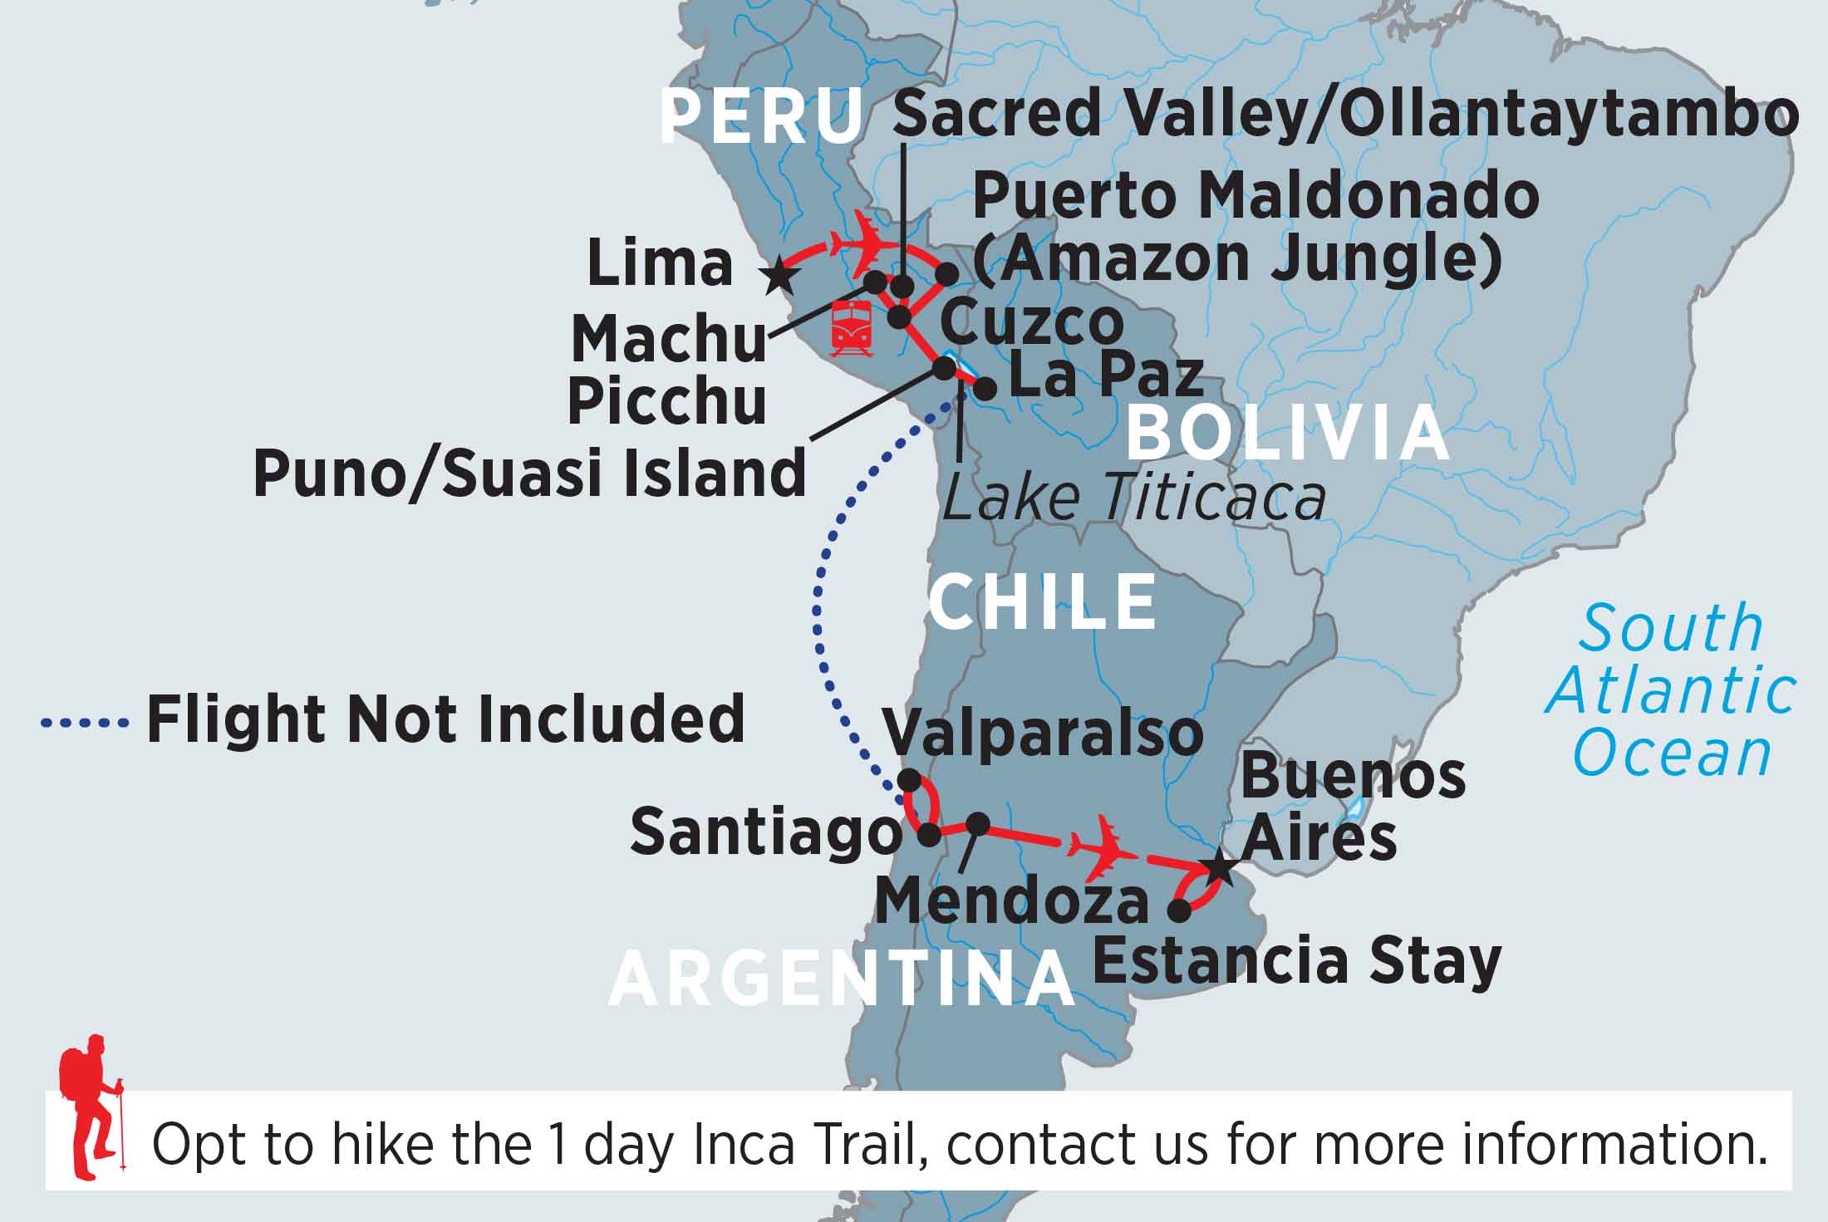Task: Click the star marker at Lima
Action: [779, 274]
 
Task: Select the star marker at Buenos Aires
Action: [1220, 868]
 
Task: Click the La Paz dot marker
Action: [985, 389]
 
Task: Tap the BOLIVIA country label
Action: [1289, 434]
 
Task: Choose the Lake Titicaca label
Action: [1134, 498]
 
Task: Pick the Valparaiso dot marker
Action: [910, 780]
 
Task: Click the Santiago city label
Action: [765, 833]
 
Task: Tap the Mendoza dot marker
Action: [979, 823]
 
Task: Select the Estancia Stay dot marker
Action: [1179, 910]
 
